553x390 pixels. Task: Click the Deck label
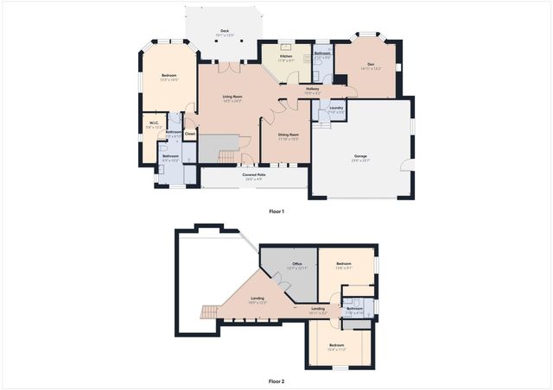click(224, 28)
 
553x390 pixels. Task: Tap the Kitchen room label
click(285, 57)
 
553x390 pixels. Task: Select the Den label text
click(370, 65)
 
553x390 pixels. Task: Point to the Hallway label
click(313, 90)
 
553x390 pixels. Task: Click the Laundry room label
click(335, 110)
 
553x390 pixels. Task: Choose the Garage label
click(360, 156)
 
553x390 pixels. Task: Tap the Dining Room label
click(288, 135)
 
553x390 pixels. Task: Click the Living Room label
click(232, 98)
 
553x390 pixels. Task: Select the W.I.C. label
click(152, 124)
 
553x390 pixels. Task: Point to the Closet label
click(190, 134)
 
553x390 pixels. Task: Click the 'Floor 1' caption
click(276, 211)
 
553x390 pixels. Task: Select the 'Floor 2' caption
click(276, 380)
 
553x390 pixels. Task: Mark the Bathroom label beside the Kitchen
click(322, 54)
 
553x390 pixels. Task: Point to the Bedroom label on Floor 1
click(168, 78)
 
